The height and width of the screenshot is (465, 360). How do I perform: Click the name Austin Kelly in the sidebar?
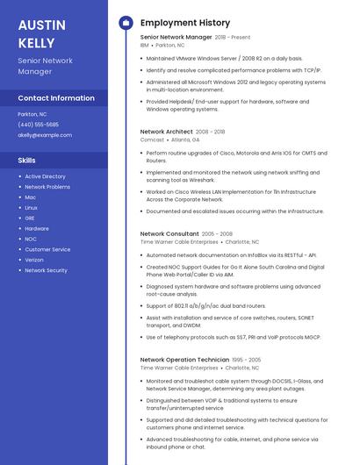(36, 33)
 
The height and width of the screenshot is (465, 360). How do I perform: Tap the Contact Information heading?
(56, 98)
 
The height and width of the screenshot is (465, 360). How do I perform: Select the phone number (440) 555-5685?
(38, 125)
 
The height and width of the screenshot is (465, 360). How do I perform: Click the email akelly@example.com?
(45, 135)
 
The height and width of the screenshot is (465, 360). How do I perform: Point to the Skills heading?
(27, 161)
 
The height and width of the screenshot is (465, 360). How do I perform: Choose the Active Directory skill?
(45, 176)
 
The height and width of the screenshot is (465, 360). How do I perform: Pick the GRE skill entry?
(30, 218)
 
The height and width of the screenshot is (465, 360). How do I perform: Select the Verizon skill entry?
(34, 260)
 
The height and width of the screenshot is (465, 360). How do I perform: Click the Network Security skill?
(46, 270)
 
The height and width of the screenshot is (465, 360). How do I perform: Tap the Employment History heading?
(185, 23)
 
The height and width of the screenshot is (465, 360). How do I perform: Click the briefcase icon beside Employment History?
(125, 23)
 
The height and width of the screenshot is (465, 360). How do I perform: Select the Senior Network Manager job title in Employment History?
(176, 38)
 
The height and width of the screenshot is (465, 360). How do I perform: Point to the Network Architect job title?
(166, 132)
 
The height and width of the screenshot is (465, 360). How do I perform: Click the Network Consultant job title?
(169, 234)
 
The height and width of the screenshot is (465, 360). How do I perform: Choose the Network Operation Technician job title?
(184, 360)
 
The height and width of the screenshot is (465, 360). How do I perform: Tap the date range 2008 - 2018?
(210, 132)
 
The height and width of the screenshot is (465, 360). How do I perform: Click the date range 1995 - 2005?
(247, 360)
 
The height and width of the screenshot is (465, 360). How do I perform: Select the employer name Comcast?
(152, 139)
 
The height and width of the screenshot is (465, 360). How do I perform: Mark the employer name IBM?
(145, 45)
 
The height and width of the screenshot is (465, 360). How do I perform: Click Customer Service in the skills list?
(47, 249)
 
